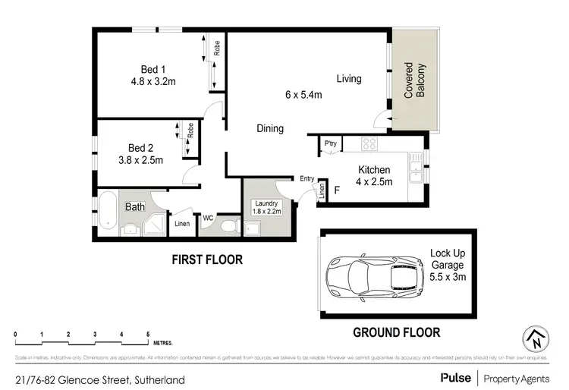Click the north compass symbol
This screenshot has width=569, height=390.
point(536,338)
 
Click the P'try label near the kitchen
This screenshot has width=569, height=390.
point(330,144)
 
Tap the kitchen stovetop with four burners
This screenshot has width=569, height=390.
point(369,143)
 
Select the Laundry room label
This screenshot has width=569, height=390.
point(266,203)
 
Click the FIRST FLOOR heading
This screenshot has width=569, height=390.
point(206,259)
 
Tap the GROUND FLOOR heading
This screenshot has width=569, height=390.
point(396,332)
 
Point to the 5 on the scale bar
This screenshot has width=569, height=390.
point(148,334)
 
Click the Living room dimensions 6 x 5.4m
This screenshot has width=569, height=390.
point(303,95)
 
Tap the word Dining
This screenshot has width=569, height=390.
point(269,128)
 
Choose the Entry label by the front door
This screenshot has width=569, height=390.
point(307,178)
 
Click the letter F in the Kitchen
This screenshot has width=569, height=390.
point(336,190)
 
